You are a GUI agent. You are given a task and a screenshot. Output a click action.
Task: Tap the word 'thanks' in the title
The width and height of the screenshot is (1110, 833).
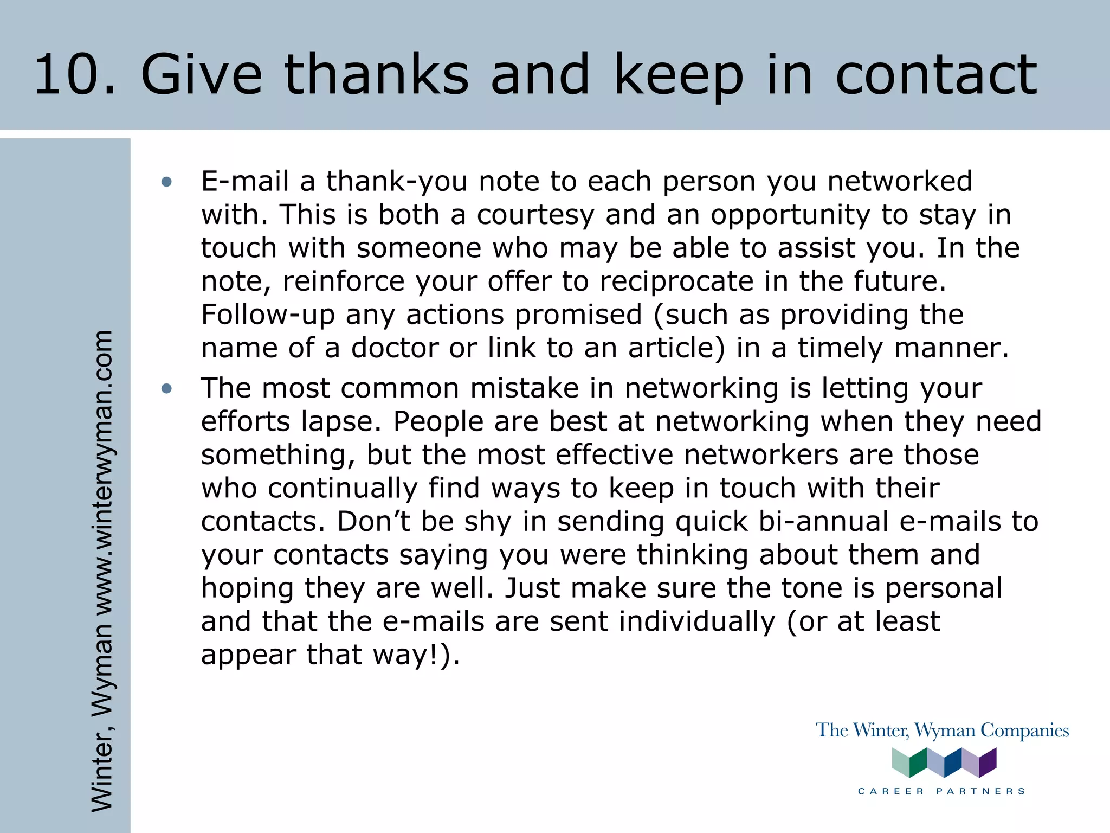(x=376, y=74)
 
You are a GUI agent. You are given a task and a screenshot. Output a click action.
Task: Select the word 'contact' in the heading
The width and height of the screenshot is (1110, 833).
(x=936, y=74)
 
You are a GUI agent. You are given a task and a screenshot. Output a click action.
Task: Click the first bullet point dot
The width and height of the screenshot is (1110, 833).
(x=166, y=182)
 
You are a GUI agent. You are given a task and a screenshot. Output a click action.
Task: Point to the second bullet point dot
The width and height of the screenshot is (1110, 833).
(x=166, y=388)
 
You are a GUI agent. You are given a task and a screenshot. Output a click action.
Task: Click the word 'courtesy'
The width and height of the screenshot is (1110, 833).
(x=535, y=215)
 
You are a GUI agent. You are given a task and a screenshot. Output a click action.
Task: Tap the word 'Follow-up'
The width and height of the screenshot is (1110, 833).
(x=268, y=315)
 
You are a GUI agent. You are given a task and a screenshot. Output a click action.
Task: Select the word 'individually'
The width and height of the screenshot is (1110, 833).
(x=697, y=621)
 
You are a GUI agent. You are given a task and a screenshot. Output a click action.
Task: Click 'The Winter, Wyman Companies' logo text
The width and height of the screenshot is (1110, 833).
(x=942, y=731)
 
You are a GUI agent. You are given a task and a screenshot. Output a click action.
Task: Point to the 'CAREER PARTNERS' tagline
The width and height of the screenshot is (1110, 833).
(x=942, y=791)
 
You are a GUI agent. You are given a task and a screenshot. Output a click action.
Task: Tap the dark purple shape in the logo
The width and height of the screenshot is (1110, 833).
(x=989, y=762)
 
